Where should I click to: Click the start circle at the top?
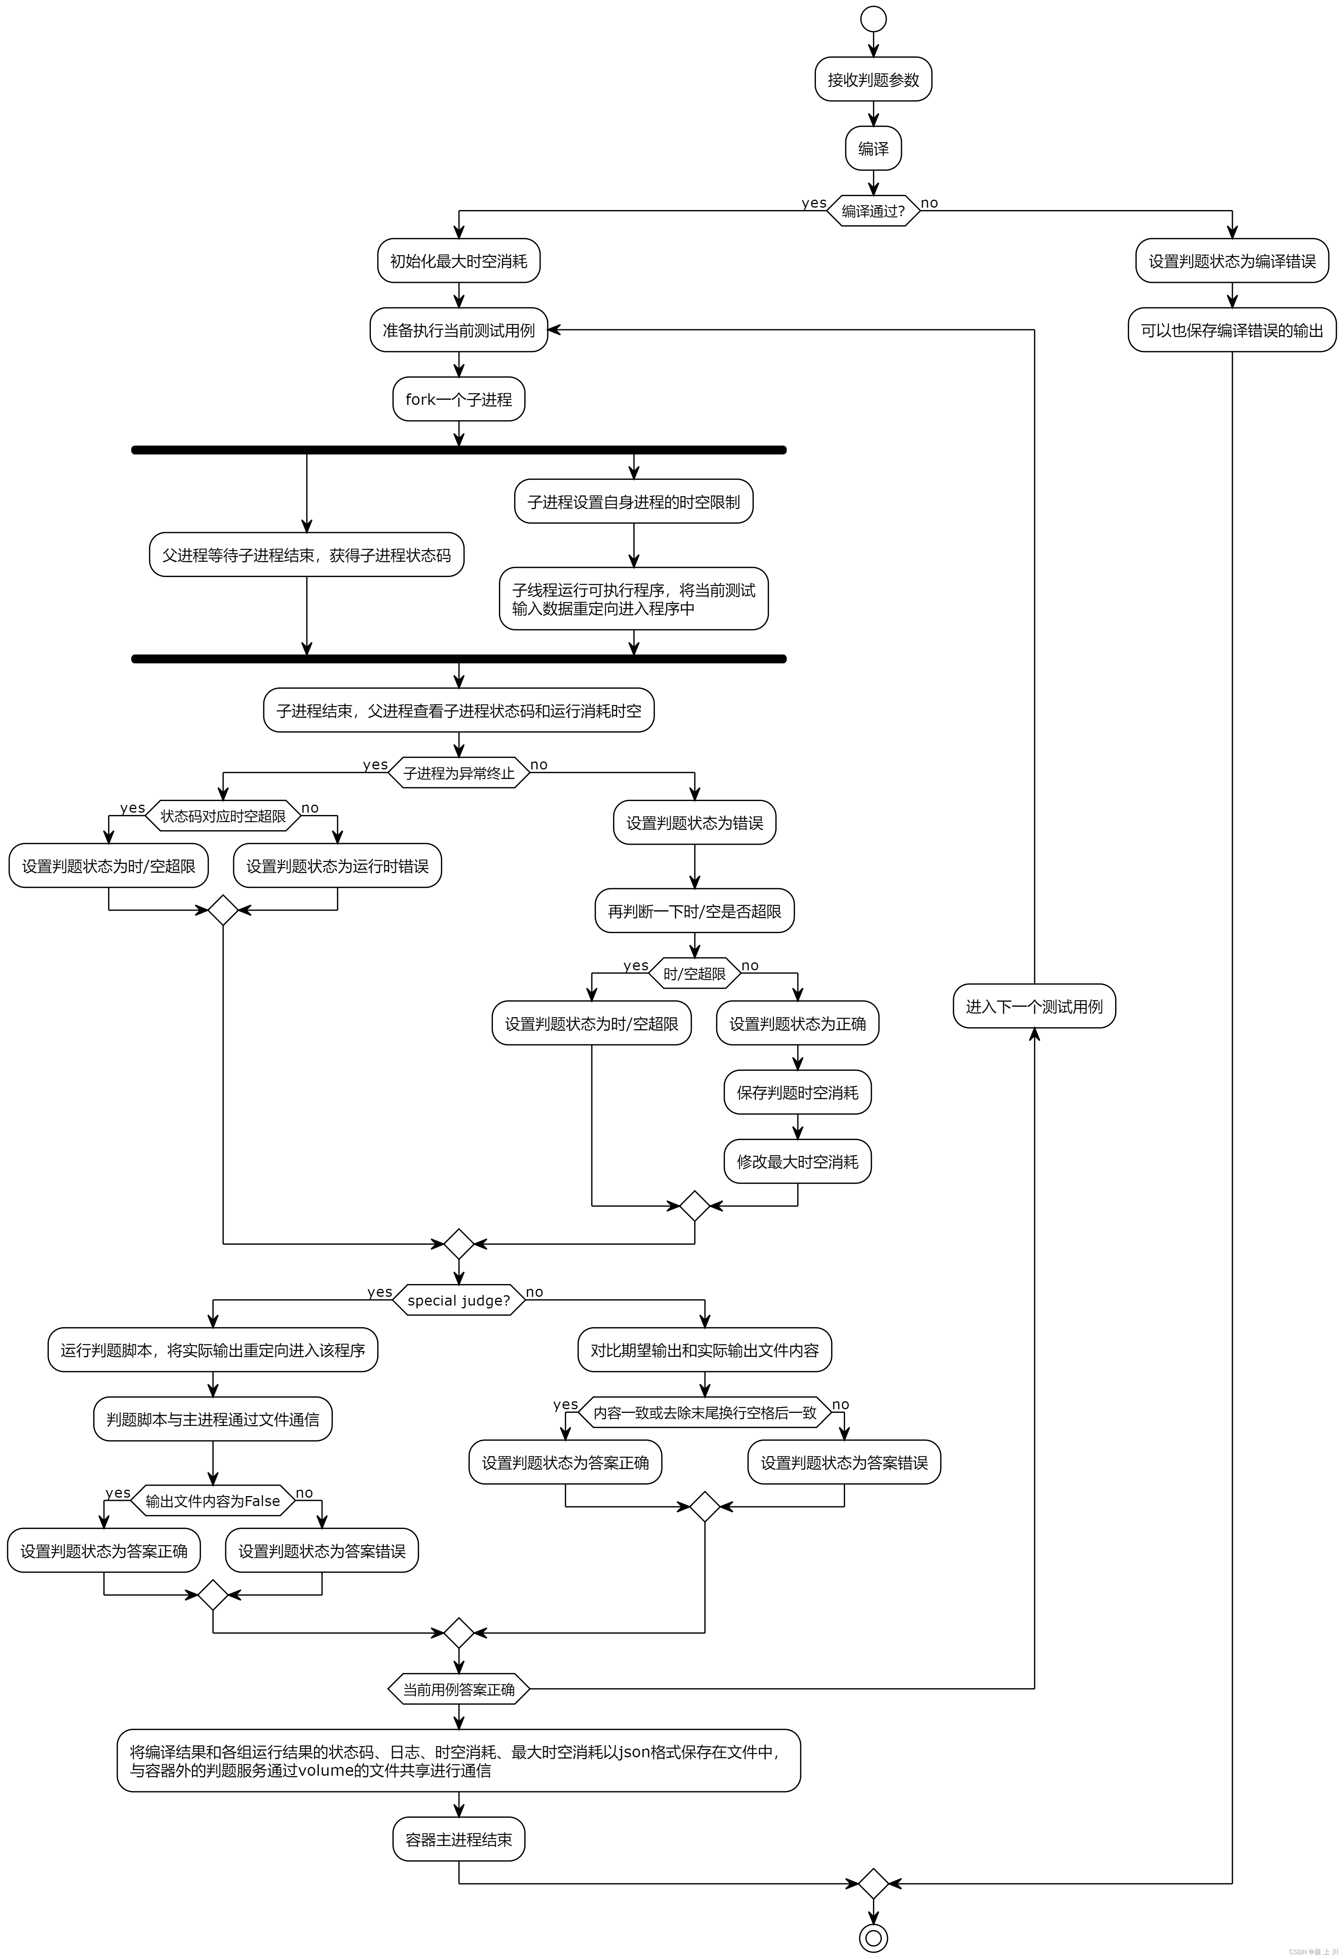pyautogui.click(x=873, y=18)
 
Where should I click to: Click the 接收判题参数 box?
pyautogui.click(x=873, y=79)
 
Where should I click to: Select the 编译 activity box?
pyautogui.click(x=873, y=148)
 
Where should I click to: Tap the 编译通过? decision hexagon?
pyautogui.click(x=873, y=211)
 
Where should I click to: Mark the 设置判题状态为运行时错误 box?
pyautogui.click(x=337, y=866)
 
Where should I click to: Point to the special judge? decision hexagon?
pyautogui.click(x=459, y=1300)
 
